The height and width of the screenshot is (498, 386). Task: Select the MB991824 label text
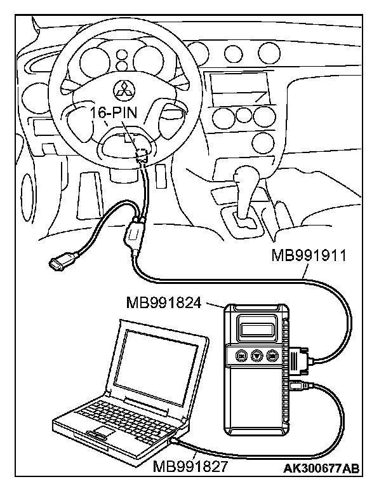[x=163, y=302]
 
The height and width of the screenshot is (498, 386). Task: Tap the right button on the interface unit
[x=274, y=356]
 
